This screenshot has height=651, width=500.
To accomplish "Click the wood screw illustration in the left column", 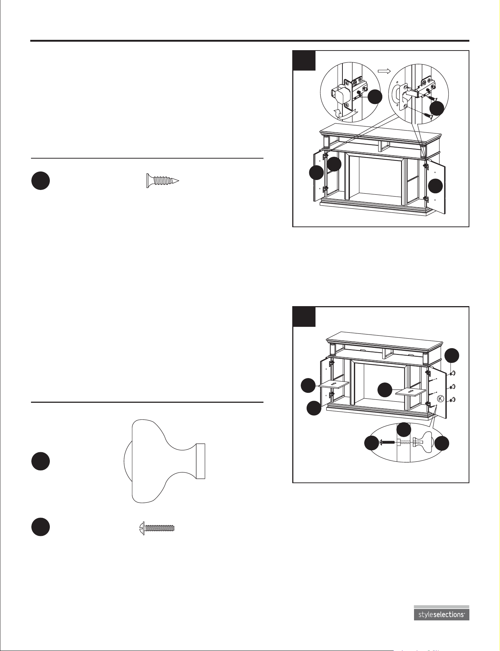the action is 163,180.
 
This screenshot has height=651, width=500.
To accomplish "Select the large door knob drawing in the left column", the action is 164,461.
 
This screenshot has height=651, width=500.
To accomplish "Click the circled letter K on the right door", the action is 440,399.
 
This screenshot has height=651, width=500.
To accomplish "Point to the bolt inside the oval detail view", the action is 387,441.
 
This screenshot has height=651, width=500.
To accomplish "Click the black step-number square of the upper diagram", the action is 304,60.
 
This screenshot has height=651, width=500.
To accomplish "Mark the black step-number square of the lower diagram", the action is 304,316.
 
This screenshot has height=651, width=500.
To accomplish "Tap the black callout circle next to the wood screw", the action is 41,181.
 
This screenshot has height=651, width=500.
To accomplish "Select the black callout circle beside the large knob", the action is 41,461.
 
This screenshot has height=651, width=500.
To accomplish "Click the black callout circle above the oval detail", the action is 404,429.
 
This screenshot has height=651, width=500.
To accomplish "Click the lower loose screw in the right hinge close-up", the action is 428,115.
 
